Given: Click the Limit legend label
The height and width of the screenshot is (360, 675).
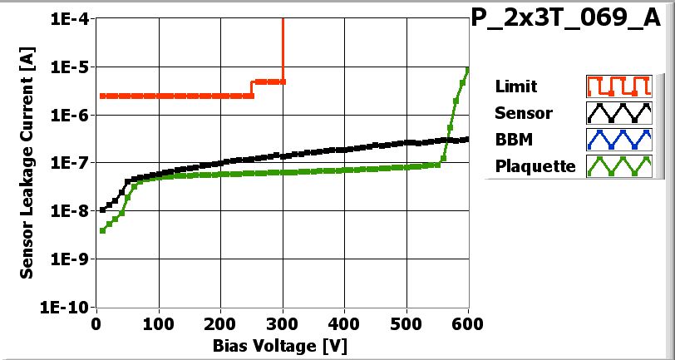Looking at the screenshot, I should tap(515, 86).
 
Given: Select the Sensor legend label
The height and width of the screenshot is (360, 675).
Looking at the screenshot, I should tap(523, 112).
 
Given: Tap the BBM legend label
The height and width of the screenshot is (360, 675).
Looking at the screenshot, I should tap(513, 139).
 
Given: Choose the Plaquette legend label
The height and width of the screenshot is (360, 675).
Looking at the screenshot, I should tap(535, 165).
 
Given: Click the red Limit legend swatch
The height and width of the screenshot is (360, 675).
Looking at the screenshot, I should tap(616, 86).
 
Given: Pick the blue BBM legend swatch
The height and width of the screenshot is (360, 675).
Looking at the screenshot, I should tap(616, 139).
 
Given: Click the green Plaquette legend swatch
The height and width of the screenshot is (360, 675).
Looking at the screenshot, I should tap(616, 165).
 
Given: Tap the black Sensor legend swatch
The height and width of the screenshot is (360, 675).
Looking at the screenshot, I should tap(616, 112).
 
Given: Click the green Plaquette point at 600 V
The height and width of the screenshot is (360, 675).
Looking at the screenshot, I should tap(468, 70).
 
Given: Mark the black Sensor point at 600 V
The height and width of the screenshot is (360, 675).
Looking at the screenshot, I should tap(468, 139).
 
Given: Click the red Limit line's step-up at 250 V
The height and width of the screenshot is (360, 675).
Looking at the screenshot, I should tap(252, 88).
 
